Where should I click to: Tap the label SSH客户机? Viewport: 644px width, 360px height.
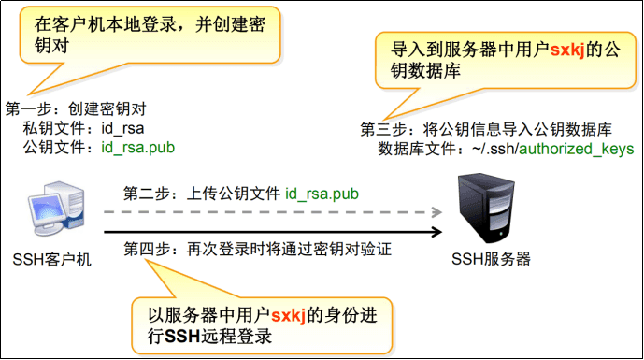point(52,259)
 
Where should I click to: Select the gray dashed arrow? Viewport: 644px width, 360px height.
point(271,213)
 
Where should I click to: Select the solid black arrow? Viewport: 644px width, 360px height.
point(271,233)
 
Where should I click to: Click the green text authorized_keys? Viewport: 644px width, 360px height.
point(577,149)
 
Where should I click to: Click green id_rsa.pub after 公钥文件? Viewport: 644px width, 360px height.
point(138,147)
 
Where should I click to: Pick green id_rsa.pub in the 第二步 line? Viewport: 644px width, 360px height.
point(322,194)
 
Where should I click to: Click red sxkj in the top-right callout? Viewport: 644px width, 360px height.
point(565,50)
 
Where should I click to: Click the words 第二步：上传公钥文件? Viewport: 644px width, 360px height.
point(202,194)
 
